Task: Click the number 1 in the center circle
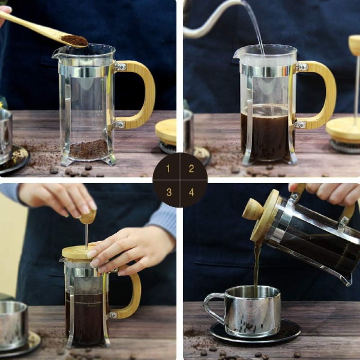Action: [168, 169]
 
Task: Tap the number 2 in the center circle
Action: [191, 169]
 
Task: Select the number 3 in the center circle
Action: [169, 192]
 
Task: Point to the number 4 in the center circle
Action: [191, 192]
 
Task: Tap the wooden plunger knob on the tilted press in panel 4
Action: [253, 209]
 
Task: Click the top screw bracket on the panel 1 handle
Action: [121, 67]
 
